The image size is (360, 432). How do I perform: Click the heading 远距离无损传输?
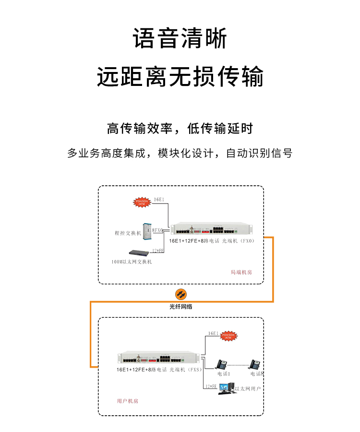180,77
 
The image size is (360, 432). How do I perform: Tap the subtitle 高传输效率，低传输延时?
180,129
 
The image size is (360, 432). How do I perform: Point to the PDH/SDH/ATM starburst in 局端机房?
142,202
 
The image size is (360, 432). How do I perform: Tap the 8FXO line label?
158,230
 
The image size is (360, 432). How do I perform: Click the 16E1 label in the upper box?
159,199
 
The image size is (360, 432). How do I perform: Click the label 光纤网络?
180,306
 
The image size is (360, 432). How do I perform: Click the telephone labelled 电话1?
222,365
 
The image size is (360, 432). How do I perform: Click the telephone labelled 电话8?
254,365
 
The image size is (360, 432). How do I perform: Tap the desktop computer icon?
226,388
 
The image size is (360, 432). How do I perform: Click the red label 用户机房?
127,401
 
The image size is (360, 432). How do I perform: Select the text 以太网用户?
248,388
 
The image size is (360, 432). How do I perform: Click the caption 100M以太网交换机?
132,262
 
